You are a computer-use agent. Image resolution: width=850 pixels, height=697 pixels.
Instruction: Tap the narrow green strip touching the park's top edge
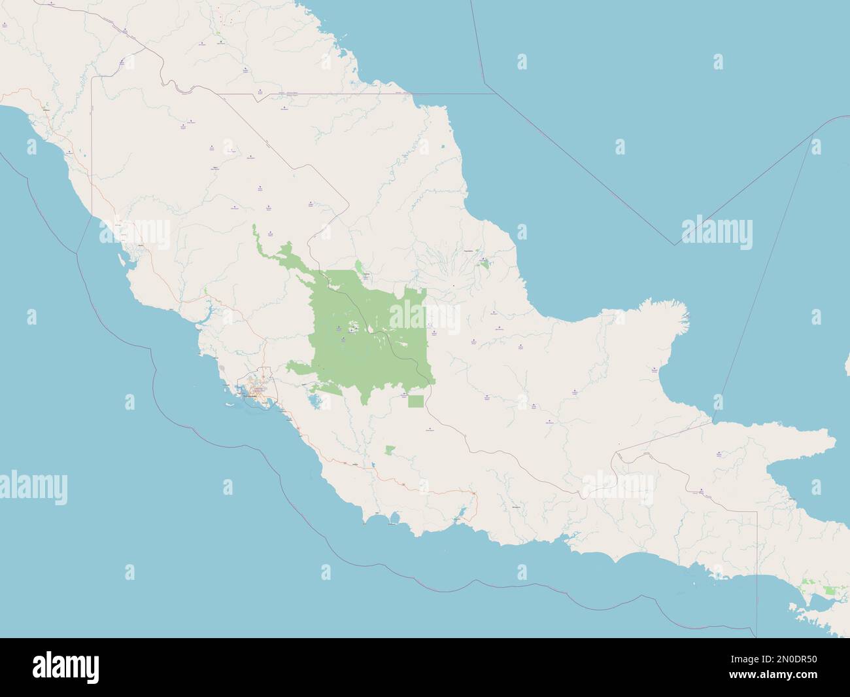pyautogui.click(x=360, y=268)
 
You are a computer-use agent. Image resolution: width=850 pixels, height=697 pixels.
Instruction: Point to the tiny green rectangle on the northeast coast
pyautogui.click(x=445, y=146)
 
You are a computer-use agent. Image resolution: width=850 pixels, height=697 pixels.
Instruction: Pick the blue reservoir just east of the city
pyautogui.click(x=314, y=401)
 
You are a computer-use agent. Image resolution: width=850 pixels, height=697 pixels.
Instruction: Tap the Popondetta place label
pyautogui.click(x=468, y=251)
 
